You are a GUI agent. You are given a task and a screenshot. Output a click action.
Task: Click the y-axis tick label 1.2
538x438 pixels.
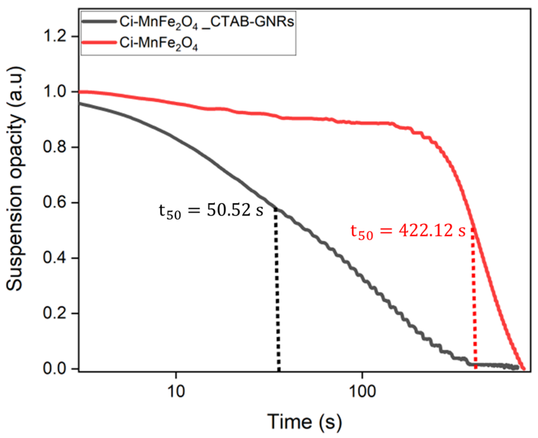pyautogui.click(x=54, y=37)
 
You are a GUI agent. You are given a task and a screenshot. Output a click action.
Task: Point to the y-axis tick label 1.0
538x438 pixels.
pyautogui.click(x=54, y=92)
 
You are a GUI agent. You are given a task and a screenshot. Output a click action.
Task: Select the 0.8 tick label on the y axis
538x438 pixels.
pyautogui.click(x=54, y=147)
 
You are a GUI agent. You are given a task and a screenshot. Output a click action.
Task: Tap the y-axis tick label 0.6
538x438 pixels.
pyautogui.click(x=54, y=202)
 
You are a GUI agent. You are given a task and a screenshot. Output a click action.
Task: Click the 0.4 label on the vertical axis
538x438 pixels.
pyautogui.click(x=54, y=258)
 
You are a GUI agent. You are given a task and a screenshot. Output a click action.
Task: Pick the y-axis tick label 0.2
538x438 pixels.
pyautogui.click(x=54, y=313)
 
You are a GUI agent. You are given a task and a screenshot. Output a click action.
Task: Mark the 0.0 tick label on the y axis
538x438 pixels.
pyautogui.click(x=54, y=368)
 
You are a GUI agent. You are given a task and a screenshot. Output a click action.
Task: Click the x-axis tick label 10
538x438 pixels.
pyautogui.click(x=176, y=392)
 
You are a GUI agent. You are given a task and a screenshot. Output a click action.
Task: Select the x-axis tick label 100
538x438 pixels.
pyautogui.click(x=362, y=392)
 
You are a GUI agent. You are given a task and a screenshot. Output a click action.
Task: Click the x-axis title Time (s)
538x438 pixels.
pyautogui.click(x=305, y=422)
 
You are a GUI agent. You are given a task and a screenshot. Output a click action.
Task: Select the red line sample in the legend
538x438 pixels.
pyautogui.click(x=99, y=43)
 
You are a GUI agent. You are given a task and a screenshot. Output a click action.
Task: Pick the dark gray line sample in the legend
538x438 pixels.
pyautogui.click(x=99, y=22)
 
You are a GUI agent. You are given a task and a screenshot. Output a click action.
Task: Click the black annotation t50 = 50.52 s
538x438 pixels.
pyautogui.click(x=211, y=211)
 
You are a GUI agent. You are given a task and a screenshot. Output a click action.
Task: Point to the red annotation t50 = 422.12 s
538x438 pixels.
pyautogui.click(x=408, y=231)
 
